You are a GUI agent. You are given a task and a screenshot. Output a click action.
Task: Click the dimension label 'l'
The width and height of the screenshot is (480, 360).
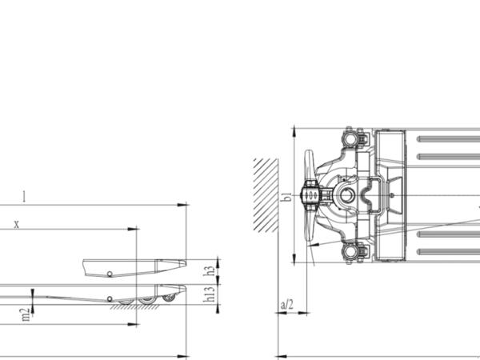pyautogui.click(x=24, y=197)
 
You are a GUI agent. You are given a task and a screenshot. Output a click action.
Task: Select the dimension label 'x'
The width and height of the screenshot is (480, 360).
pyautogui.click(x=17, y=224)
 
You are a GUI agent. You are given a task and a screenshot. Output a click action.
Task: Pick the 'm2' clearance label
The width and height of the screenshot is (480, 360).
pyautogui.click(x=25, y=314)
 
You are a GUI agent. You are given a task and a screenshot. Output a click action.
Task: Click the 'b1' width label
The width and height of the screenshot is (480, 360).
pyautogui.click(x=286, y=197)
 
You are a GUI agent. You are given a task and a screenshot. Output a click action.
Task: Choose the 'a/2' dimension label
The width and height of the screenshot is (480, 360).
pyautogui.click(x=287, y=305)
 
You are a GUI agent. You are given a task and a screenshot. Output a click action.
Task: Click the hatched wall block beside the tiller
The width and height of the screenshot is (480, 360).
pyautogui.click(x=266, y=195)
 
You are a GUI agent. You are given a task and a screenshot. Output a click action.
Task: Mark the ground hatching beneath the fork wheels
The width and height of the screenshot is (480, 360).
pyautogui.click(x=134, y=307)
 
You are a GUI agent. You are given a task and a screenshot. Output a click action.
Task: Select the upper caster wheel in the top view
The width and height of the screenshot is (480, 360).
pyautogui.click(x=350, y=138)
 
